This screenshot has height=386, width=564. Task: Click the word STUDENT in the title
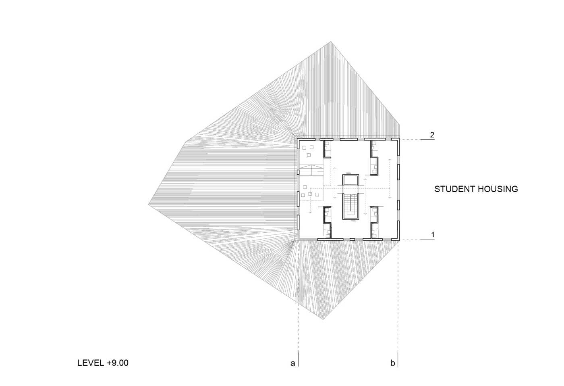(x=454, y=189)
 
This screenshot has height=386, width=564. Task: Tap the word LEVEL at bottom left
(x=91, y=363)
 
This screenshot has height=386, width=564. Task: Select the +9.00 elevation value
(x=118, y=363)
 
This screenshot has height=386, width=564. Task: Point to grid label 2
(x=432, y=135)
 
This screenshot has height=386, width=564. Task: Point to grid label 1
(x=433, y=235)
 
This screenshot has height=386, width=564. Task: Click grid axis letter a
(x=292, y=363)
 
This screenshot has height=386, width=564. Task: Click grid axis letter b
(x=392, y=363)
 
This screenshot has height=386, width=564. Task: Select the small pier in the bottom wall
(x=352, y=239)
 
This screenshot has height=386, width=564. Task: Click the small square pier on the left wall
(x=298, y=172)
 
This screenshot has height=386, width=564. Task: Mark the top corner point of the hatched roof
(x=331, y=42)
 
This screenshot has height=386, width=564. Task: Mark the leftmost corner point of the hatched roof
(x=148, y=205)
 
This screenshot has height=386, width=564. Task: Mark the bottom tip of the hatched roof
(x=323, y=319)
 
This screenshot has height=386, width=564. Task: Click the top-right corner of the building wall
(x=399, y=138)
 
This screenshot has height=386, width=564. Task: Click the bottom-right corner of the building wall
(x=399, y=240)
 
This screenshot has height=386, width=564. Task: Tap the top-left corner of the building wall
(x=297, y=138)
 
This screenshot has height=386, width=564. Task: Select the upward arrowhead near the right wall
(x=390, y=160)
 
